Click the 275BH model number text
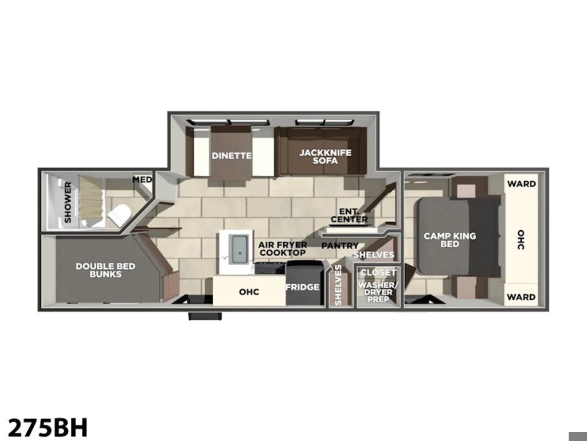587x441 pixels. click(x=48, y=427)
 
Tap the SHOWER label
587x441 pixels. click(x=68, y=202)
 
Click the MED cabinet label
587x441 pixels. click(x=142, y=180)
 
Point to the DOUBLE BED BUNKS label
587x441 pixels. click(x=105, y=270)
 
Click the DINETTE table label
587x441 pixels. click(x=232, y=155)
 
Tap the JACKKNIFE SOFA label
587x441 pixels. click(x=326, y=157)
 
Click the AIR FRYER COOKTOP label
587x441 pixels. click(x=283, y=249)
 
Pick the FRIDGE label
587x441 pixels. click(x=303, y=287)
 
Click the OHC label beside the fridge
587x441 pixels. click(x=249, y=292)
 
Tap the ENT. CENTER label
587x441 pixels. click(x=349, y=216)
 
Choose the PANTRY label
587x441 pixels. click(x=340, y=246)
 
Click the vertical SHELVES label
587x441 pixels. click(x=338, y=285)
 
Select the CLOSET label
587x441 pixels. click(x=378, y=272)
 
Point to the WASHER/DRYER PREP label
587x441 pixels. click(x=378, y=292)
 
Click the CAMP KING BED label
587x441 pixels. click(x=450, y=239)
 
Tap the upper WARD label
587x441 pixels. click(x=522, y=184)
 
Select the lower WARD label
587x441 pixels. click(x=522, y=297)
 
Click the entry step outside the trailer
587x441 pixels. click(x=205, y=316)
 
